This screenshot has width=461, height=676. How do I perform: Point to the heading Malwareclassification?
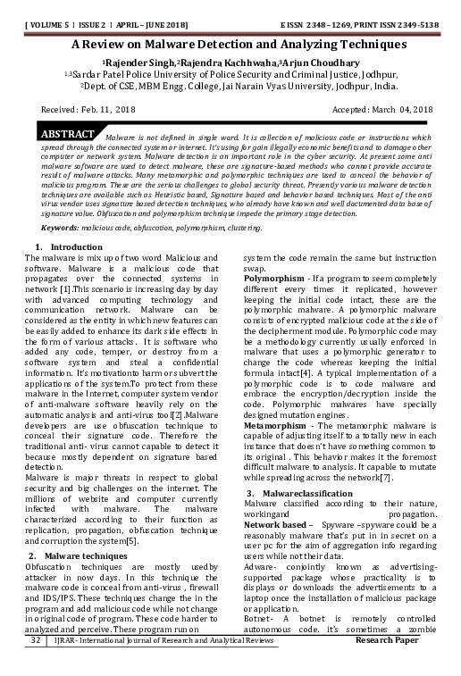tap(308, 494)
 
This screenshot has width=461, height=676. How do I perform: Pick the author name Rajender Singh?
tap(138, 62)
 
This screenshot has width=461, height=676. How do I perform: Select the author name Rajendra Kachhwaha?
tap(226, 62)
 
